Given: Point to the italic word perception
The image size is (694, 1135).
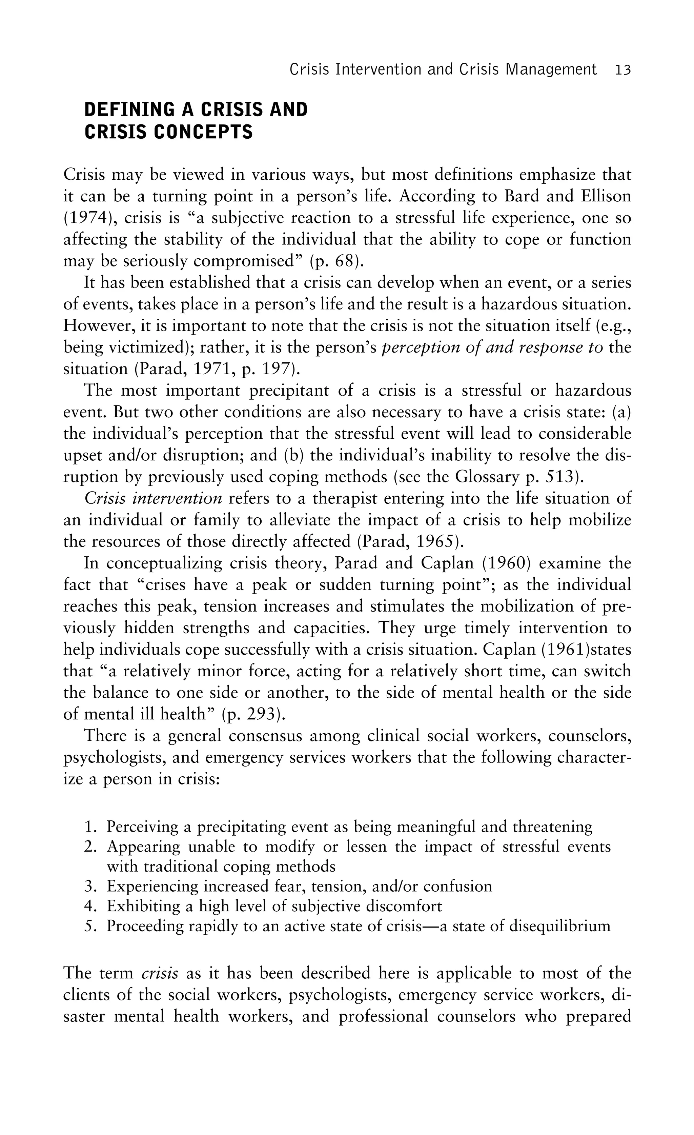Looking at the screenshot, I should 419,347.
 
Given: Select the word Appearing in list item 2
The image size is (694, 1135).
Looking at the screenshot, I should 142,847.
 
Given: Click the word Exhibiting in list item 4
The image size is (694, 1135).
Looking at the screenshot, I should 144,906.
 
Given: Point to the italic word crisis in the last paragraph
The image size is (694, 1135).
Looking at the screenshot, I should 160,973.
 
